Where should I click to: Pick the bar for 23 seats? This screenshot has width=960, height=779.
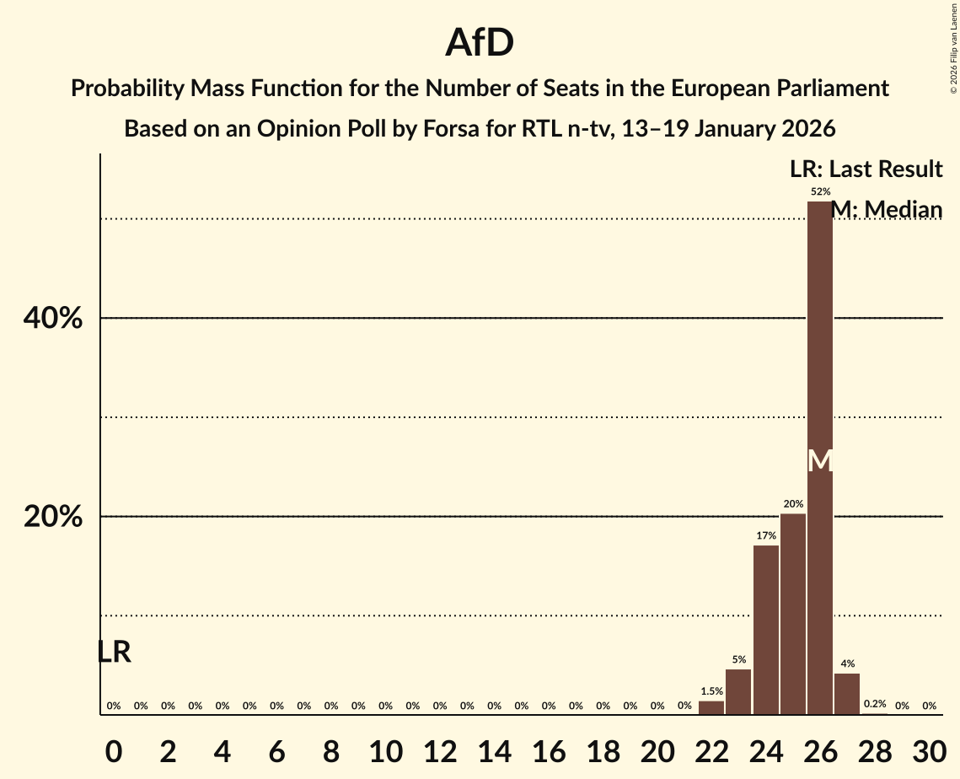738,691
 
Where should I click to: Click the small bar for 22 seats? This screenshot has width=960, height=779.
711,708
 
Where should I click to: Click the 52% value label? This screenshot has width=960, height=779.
820,191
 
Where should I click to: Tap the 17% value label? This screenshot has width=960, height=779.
765,535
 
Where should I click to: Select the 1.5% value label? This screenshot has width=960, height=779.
711,691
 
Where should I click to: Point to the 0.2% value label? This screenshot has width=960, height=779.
875,704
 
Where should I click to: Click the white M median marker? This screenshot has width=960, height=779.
820,461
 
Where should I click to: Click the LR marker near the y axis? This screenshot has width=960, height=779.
114,652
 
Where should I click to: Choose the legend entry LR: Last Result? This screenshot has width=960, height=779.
866,169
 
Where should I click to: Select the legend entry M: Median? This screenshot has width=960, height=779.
887,209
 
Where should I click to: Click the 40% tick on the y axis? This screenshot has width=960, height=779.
53,319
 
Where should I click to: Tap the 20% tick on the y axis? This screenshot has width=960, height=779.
53,517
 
